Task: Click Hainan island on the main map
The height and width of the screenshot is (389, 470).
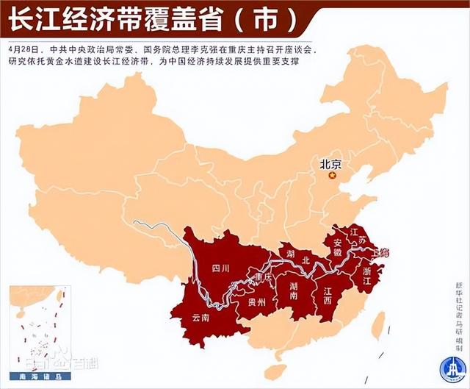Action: point(275,372)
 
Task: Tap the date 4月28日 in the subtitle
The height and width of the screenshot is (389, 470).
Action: point(22,48)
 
